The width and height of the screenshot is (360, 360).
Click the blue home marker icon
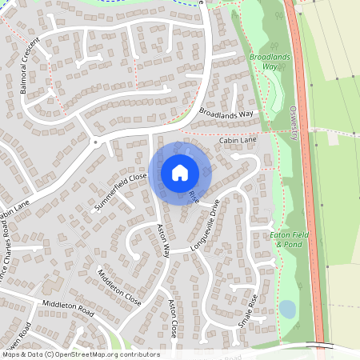click(x=180, y=172)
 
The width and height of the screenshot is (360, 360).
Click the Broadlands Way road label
click(x=226, y=114)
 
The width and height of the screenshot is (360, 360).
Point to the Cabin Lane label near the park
click(x=238, y=140)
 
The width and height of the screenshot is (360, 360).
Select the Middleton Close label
click(x=118, y=287)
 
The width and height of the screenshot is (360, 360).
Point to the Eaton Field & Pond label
click(x=289, y=238)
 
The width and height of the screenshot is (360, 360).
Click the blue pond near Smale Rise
click(x=286, y=309)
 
